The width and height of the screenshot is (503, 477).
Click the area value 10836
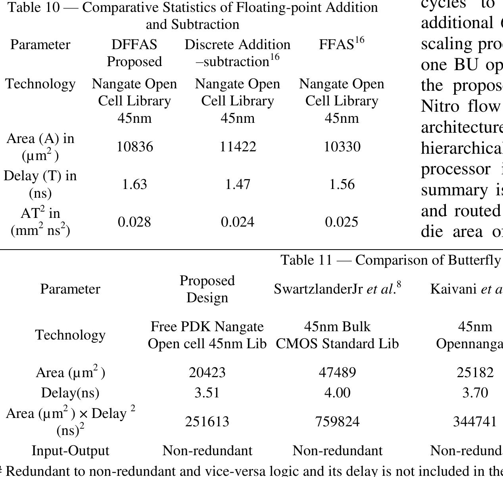coord(134,147)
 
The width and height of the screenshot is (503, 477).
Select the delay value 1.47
coord(237,184)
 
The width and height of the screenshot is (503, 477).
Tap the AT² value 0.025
coord(342,222)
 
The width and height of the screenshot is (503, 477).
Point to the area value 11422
coord(238,147)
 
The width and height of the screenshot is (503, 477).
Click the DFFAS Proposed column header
coord(134,53)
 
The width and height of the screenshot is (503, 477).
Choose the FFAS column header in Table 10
coord(341,44)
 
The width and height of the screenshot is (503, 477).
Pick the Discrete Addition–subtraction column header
coord(237,53)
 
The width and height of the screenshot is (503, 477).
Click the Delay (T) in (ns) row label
coord(40,184)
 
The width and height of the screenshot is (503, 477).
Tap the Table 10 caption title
coord(193,16)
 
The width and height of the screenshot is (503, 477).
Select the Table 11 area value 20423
coord(207,372)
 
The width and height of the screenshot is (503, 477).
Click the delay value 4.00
coord(337,393)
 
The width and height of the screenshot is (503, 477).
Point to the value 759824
coord(337,421)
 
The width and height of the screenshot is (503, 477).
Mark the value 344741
coord(475,421)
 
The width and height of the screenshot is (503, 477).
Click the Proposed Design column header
coord(207,289)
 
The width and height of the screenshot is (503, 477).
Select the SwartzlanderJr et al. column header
coord(337,289)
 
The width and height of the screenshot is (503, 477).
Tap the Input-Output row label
coord(70,451)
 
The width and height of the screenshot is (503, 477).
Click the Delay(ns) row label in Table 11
coord(70,393)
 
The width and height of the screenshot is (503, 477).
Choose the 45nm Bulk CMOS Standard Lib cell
coord(337,335)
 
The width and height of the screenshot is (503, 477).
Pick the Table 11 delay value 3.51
coord(207,393)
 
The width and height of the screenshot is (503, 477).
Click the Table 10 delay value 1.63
coord(134,184)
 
